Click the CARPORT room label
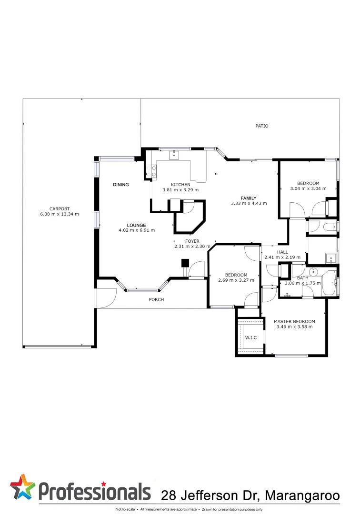(x=60, y=208)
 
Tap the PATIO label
(x=261, y=126)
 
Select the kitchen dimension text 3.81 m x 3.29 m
(x=180, y=190)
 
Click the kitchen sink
(x=174, y=154)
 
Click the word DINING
(x=121, y=185)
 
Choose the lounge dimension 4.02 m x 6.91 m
(x=137, y=230)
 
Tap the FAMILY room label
(x=248, y=198)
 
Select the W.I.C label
(x=251, y=338)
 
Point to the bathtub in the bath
(x=329, y=284)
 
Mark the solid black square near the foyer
(x=185, y=263)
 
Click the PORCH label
(x=156, y=300)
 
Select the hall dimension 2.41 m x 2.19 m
(x=282, y=257)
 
